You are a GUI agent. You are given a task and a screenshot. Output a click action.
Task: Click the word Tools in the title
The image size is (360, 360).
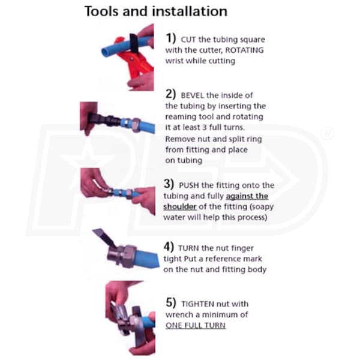coord(102,11)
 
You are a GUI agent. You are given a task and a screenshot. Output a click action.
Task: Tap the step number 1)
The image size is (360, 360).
coord(170,38)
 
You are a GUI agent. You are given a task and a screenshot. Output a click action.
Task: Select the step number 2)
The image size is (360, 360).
coord(170,94)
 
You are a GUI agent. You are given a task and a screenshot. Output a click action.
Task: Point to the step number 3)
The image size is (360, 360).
coord(169,184)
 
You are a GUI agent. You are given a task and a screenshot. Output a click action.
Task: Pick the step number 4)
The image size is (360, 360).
coord(169,247)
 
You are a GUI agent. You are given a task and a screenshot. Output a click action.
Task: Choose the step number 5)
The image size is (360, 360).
coord(171,302)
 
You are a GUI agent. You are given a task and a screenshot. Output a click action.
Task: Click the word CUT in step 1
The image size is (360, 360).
coord(188,40)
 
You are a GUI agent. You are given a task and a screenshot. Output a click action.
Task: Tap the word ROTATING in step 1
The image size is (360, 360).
coord(245,50)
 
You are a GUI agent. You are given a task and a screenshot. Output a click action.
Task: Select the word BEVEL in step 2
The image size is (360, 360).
coord(193,95)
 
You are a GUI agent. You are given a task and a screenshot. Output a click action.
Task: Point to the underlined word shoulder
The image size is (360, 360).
coord(180,206)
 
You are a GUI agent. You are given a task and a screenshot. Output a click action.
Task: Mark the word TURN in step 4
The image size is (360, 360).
coord(188,248)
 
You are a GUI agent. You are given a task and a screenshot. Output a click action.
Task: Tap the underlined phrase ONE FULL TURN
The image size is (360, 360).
coord(196,325)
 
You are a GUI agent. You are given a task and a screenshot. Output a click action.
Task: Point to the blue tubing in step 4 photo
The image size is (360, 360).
coord(148,257)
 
